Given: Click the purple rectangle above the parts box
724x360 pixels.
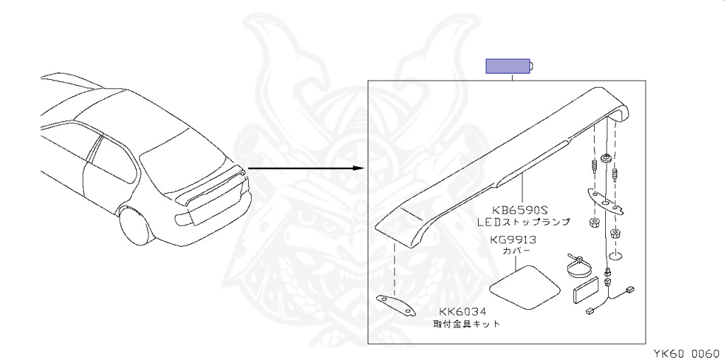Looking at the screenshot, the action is (507, 66).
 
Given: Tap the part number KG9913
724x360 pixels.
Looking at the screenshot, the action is (513, 240).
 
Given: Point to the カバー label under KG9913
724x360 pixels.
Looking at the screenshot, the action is (513, 251).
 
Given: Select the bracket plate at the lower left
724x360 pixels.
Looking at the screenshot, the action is (395, 305).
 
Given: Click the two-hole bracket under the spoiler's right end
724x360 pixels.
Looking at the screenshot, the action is (607, 202).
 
